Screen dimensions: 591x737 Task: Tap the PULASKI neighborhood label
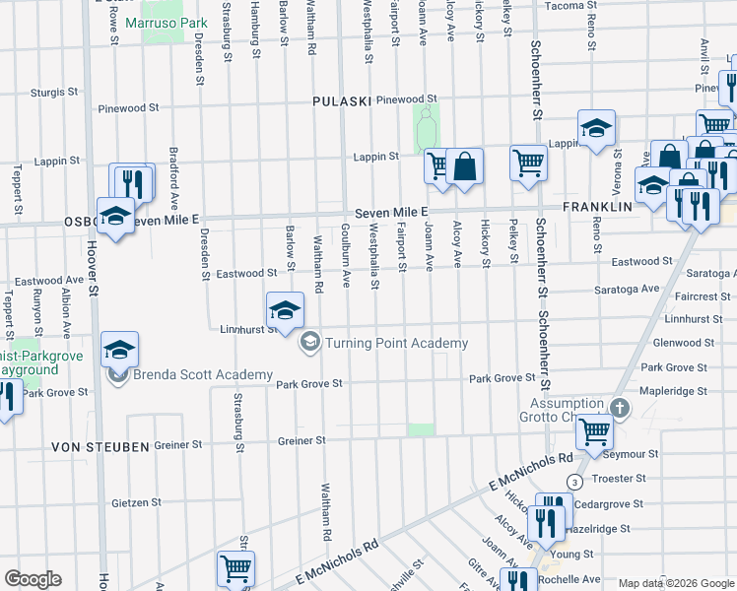click(341, 101)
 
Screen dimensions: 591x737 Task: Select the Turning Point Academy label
click(396, 343)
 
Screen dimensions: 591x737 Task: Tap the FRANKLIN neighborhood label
click(596, 208)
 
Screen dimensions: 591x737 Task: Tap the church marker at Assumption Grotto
click(619, 407)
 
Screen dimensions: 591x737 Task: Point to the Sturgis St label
click(54, 92)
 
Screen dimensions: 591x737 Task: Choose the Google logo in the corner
click(33, 579)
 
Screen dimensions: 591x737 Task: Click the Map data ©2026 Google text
click(676, 583)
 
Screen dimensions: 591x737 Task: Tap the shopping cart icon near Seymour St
click(595, 431)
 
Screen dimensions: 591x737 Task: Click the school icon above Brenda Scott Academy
click(119, 350)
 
